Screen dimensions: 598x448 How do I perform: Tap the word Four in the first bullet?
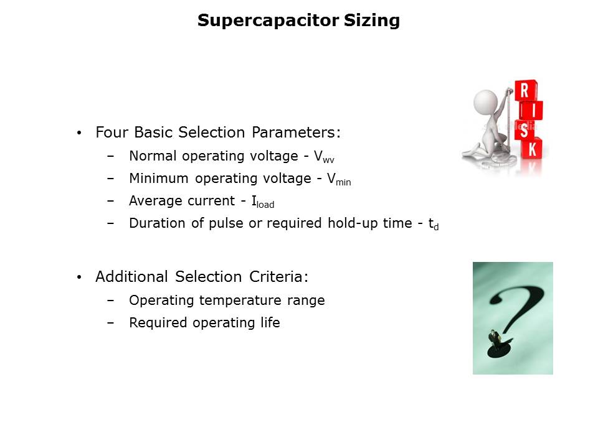coord(112,132)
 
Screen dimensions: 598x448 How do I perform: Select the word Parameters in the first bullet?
coord(296,132)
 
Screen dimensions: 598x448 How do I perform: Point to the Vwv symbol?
coord(324,157)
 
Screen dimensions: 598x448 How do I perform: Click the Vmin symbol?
coord(339,179)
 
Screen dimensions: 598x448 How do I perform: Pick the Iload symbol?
coord(263,202)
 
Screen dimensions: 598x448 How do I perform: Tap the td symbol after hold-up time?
coord(434,224)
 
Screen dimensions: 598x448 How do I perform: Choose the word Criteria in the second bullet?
coord(279,276)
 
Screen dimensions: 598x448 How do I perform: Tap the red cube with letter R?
coord(526,91)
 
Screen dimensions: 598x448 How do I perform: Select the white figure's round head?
coord(485,101)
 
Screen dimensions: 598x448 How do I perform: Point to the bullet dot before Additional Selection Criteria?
coord(79,277)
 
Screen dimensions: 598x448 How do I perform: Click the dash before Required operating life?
coord(111,323)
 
